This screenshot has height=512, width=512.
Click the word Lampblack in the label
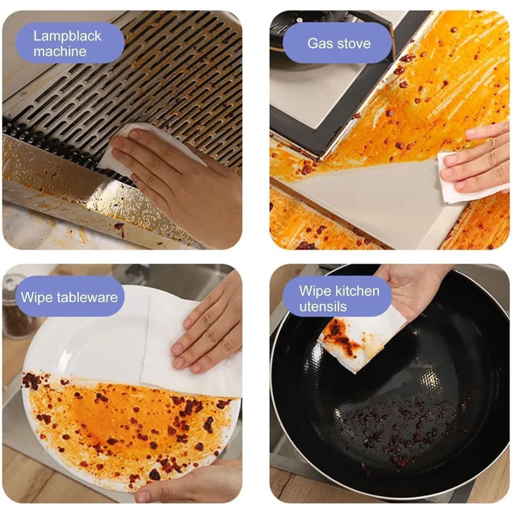coord(67,36)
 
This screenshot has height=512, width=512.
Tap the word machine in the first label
coord(60,51)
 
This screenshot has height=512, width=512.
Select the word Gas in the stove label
coord(319,44)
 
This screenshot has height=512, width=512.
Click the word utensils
coord(323,307)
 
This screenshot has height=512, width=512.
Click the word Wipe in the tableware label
coord(37,297)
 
